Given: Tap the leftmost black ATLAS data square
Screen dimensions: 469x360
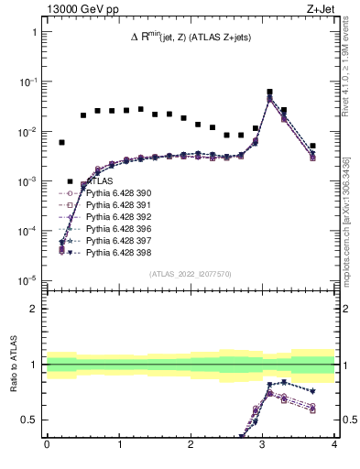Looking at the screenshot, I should coord(61,143).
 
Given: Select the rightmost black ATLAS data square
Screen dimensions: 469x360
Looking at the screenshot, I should coord(312,146).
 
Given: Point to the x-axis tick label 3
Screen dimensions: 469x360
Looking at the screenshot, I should coord(263,446).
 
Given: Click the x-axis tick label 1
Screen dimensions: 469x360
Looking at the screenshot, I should coord(119,446).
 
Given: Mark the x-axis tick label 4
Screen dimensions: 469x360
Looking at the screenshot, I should coord(334,446).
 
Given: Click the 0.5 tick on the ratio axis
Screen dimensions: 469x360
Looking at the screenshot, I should coord(30,420).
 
